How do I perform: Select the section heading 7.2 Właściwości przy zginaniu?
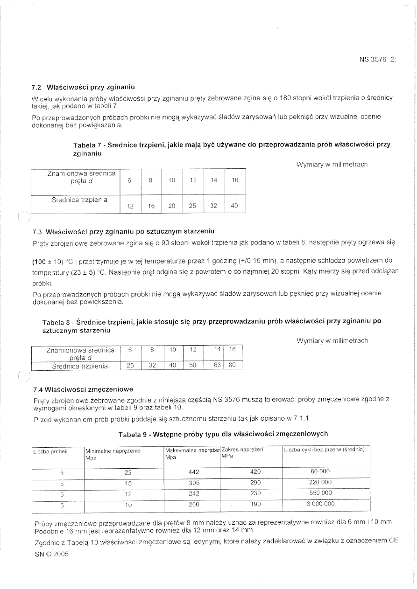(84, 87)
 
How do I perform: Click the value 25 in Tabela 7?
(193, 206)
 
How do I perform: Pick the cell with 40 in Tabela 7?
(235, 206)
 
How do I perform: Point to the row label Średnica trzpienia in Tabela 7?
(79, 200)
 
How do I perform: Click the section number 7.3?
(38, 231)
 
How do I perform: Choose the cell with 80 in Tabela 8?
(232, 366)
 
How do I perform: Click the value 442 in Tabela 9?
(193, 472)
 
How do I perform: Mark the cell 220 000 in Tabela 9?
(320, 483)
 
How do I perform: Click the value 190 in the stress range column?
(255, 504)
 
